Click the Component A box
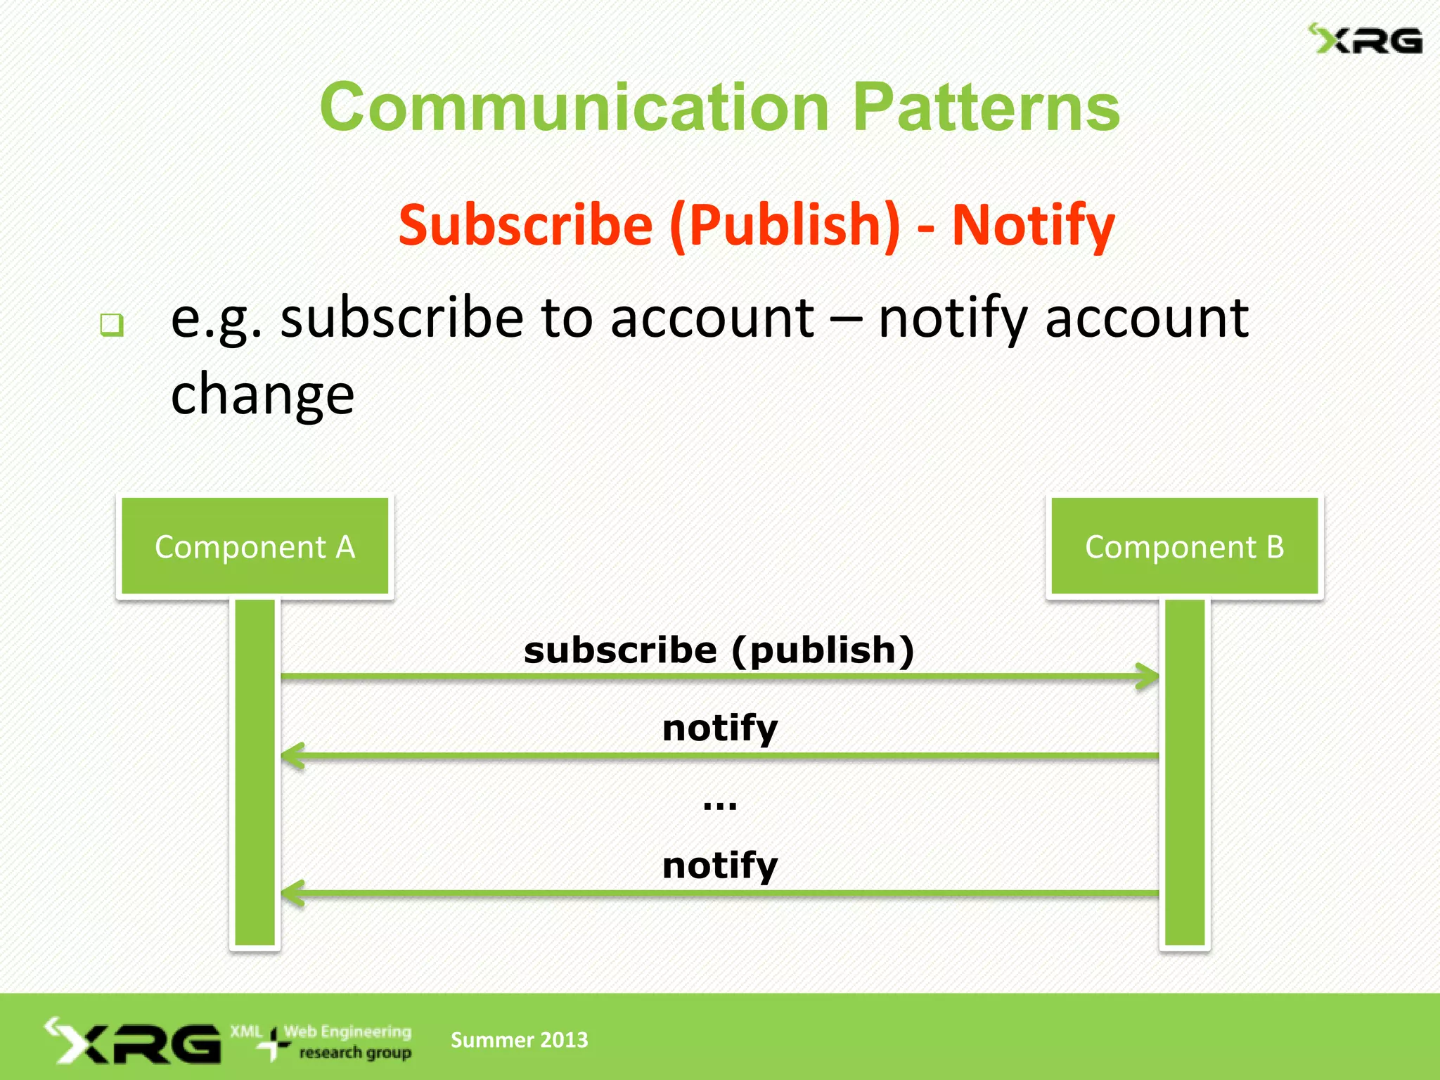point(255,546)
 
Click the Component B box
point(1185,546)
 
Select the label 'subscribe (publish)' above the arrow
point(719,650)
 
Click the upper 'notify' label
point(720,728)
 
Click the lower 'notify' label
point(720,866)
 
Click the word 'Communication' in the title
point(574,107)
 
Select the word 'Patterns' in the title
point(986,107)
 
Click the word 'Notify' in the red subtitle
point(1033,225)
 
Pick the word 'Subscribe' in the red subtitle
point(526,225)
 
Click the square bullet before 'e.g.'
point(112,325)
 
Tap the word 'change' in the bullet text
point(262,394)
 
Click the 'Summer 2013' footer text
point(519,1039)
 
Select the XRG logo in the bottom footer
point(134,1041)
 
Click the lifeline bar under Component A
point(255,773)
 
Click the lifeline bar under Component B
point(1185,773)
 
